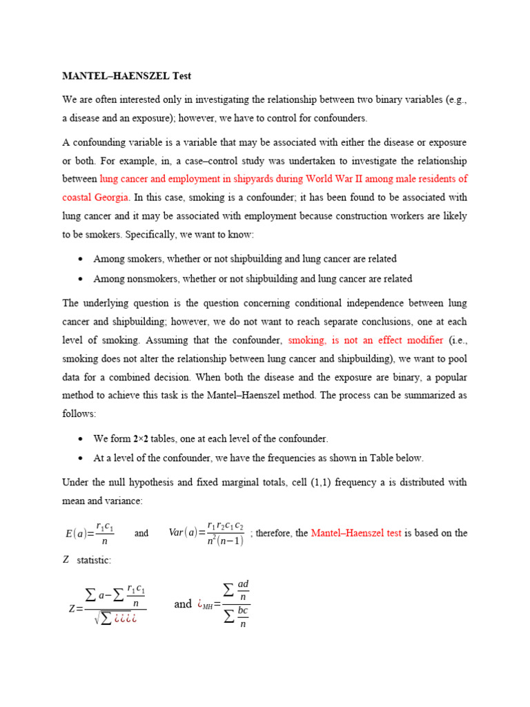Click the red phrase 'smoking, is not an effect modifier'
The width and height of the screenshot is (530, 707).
coord(366,340)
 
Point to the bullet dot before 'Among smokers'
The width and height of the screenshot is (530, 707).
coord(81,259)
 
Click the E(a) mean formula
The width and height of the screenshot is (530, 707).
coord(89,533)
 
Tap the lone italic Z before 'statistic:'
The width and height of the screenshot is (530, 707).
coord(66,559)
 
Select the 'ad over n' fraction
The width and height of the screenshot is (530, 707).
coord(242,590)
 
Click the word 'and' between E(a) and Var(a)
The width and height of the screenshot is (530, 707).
coord(141,534)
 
